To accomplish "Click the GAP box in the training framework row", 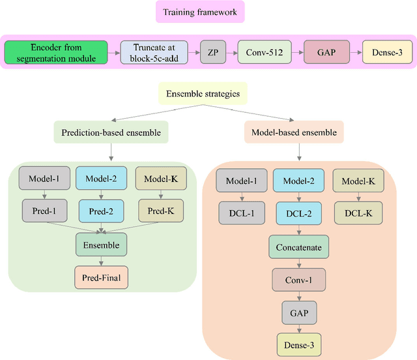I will click(323, 52).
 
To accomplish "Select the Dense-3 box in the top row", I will click(387, 52).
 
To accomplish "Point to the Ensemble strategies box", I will click(203, 94).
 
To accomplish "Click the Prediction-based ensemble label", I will click(110, 133).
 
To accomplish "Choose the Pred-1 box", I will click(44, 211).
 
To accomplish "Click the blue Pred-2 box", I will click(100, 211).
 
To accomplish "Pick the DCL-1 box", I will click(242, 213).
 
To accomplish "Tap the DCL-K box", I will click(358, 213).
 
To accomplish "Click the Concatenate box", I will click(298, 248).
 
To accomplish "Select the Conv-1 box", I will click(298, 280).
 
